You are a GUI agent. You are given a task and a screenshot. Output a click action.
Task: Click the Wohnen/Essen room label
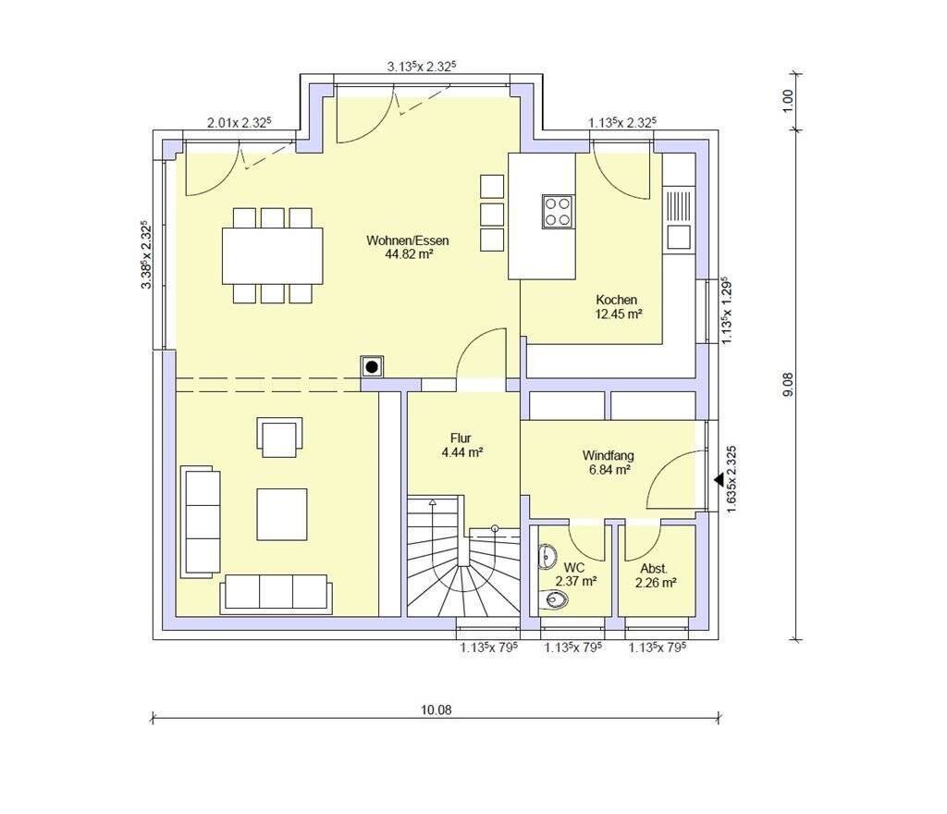tap(408, 240)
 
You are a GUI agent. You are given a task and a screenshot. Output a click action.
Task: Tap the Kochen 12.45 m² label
tap(617, 307)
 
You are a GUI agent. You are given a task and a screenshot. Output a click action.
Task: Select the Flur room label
tap(461, 438)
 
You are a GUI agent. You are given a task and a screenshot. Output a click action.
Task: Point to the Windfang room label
tap(609, 456)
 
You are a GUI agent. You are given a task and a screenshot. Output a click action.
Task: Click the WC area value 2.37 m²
tap(576, 582)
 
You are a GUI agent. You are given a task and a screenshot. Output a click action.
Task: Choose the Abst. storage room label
tap(654, 569)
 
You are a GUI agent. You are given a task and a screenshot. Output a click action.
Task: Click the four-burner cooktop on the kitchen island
tap(558, 211)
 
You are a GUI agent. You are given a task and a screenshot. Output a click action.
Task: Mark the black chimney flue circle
tap(372, 366)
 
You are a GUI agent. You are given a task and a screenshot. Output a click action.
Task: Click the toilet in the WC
tap(556, 599)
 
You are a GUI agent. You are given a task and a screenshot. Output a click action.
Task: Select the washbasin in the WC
tap(547, 556)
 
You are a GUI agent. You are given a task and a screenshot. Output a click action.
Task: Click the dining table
tap(273, 255)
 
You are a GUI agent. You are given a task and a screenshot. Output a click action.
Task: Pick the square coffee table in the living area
tap(281, 514)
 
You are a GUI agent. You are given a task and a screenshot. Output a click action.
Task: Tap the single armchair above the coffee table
tap(279, 437)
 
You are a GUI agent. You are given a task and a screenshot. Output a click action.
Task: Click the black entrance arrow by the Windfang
tap(719, 480)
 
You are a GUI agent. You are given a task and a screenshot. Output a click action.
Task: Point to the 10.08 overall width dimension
tap(437, 710)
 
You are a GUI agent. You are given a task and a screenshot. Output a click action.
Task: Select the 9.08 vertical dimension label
tap(788, 385)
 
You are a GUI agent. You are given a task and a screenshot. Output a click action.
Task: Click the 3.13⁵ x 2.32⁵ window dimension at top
tap(421, 66)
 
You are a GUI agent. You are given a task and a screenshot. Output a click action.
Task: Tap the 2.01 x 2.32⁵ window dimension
tap(240, 123)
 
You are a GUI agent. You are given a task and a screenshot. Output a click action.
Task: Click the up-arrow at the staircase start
tap(433, 501)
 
